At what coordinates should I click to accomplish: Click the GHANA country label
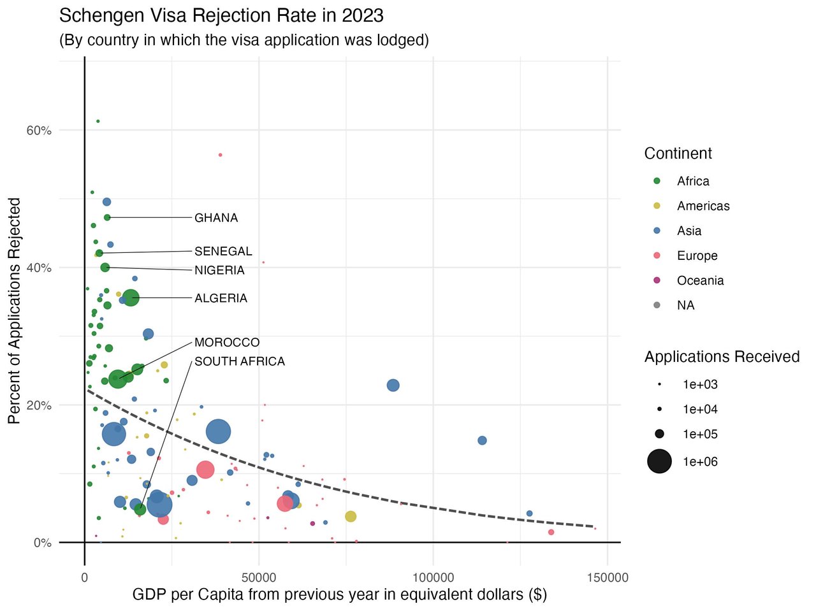point(216,218)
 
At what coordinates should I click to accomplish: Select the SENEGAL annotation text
point(223,251)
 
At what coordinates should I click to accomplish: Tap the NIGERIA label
point(219,270)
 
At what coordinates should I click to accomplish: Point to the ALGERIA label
point(221,298)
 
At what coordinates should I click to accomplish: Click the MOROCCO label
point(227,343)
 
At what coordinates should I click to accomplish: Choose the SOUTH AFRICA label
point(239,361)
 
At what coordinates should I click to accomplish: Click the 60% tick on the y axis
point(39,131)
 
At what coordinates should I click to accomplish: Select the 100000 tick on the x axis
point(433,578)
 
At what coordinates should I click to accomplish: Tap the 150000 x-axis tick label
point(606,578)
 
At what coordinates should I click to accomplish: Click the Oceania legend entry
point(700,280)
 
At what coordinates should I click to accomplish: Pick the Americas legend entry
point(703,206)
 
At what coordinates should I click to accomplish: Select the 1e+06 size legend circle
point(659,461)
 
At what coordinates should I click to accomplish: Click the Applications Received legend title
point(722,357)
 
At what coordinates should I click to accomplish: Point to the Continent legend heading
point(678,154)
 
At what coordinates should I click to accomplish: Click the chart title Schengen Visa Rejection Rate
point(221,15)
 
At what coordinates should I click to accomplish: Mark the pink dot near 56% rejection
point(221,155)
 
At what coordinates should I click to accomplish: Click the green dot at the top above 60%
point(98,121)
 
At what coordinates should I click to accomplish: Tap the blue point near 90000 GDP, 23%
point(393,385)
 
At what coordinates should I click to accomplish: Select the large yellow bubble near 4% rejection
point(351,516)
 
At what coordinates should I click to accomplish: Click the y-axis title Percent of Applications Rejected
point(15,310)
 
